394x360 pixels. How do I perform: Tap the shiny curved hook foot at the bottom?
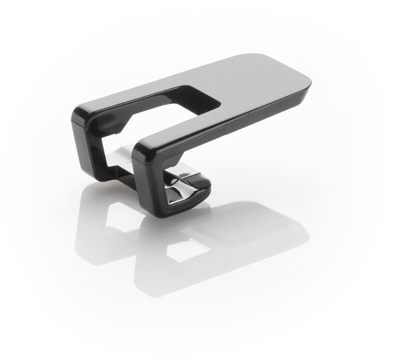(x=189, y=193)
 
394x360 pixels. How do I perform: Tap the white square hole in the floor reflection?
(x=185, y=250)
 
